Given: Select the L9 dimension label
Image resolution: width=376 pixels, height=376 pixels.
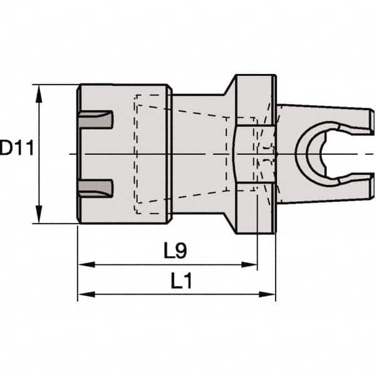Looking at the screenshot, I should (x=175, y=251).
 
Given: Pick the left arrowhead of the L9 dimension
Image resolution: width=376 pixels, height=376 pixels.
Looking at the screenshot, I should (x=83, y=265).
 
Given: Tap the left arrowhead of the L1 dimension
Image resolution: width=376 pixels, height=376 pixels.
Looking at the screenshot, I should (x=83, y=293).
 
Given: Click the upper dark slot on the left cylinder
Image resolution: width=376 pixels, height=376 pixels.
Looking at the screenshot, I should (x=97, y=120).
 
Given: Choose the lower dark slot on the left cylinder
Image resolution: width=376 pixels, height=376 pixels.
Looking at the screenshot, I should (x=97, y=187).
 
